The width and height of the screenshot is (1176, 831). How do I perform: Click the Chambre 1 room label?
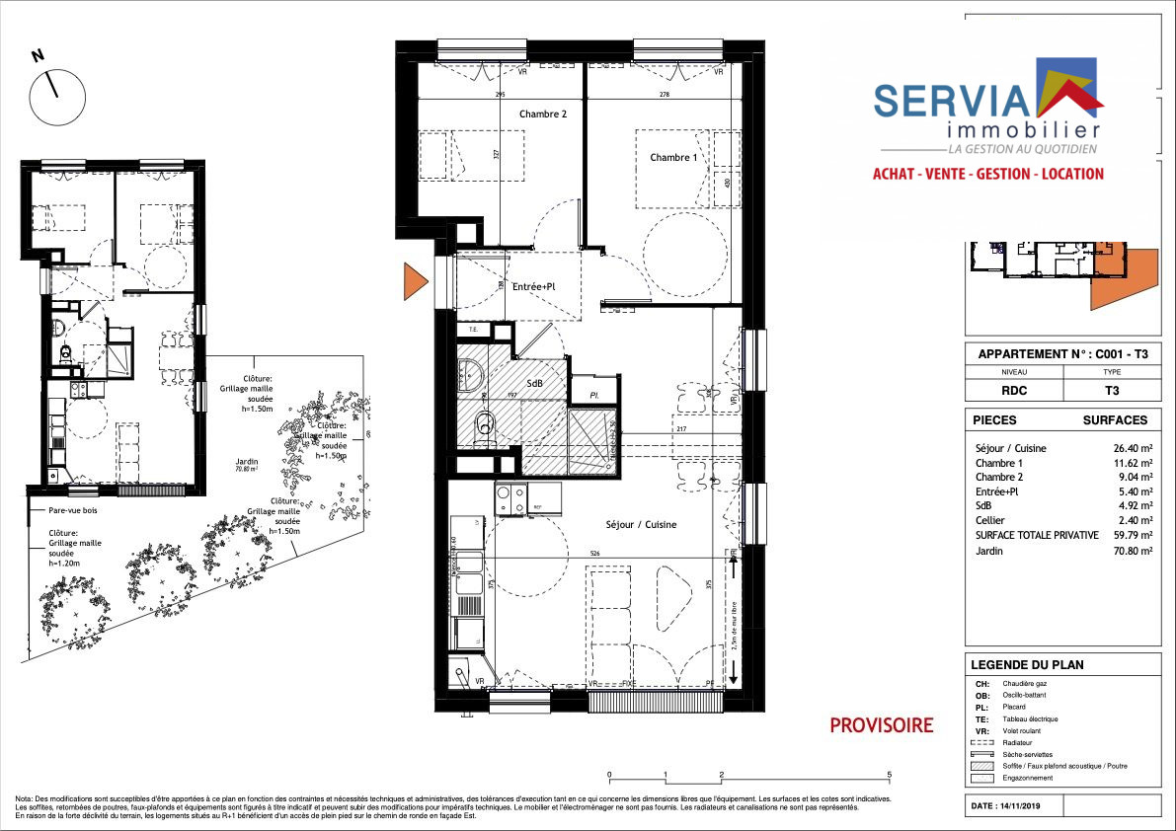[673, 158]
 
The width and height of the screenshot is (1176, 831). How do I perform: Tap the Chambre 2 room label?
[543, 113]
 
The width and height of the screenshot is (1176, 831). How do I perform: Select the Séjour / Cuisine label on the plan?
[641, 525]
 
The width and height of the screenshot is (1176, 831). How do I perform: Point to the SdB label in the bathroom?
[534, 384]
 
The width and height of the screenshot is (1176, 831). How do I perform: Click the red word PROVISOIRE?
[881, 726]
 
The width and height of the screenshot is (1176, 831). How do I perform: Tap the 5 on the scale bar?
[890, 776]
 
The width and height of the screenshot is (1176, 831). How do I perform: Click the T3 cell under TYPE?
[1111, 390]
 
